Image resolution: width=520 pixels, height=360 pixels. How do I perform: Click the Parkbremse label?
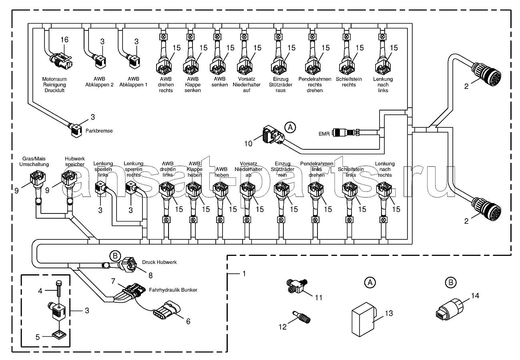click(100, 131)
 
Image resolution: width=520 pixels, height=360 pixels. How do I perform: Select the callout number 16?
click(64, 39)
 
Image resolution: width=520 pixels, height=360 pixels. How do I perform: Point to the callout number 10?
click(248, 143)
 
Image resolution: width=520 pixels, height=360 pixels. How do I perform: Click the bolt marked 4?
click(59, 289)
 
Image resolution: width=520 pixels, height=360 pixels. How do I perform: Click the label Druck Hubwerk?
click(159, 262)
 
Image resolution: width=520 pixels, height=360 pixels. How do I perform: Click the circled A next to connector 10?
click(291, 127)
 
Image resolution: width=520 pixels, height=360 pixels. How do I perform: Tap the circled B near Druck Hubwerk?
click(115, 255)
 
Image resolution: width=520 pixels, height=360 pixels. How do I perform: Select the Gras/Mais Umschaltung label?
click(34, 162)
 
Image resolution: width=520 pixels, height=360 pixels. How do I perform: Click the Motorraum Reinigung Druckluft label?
click(54, 85)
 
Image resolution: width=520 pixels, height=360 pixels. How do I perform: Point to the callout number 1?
click(243, 274)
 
